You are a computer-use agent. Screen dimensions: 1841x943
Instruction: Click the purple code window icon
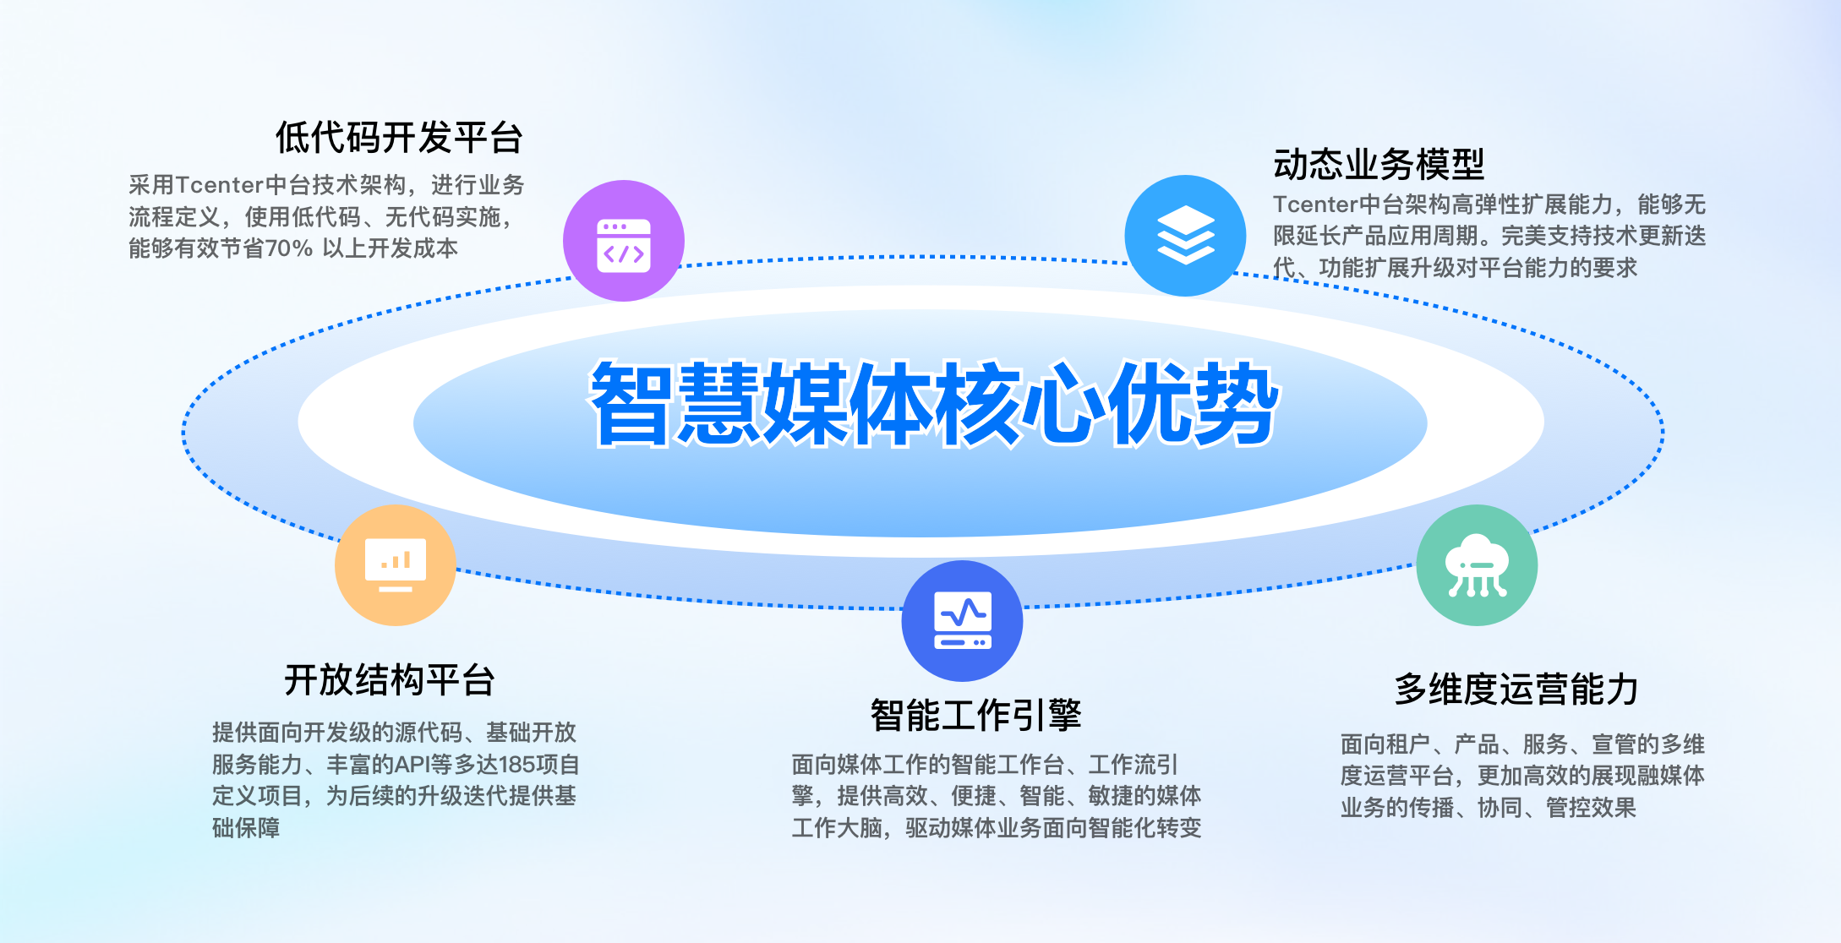click(624, 241)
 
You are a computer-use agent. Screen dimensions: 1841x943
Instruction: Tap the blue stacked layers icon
click(1185, 236)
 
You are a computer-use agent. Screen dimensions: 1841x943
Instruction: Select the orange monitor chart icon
click(396, 565)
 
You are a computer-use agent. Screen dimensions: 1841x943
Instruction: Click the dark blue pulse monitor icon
click(962, 621)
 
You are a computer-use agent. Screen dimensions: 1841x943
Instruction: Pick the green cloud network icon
click(1477, 565)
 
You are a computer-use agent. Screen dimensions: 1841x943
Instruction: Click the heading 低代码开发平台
click(400, 138)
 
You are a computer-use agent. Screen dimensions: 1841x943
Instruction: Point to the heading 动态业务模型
click(1379, 164)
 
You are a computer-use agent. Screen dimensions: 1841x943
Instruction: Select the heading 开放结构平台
click(390, 680)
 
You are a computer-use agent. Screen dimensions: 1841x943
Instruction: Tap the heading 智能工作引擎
click(976, 716)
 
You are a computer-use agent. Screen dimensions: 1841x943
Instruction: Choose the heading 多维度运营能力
click(1516, 690)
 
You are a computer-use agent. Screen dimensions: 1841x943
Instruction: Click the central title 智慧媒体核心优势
click(935, 404)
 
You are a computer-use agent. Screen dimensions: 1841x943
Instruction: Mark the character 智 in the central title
click(633, 404)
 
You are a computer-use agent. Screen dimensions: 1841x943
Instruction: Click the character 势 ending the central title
click(1237, 404)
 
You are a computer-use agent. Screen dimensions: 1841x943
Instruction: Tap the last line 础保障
click(246, 828)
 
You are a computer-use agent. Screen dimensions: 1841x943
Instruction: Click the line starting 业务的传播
click(1489, 808)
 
